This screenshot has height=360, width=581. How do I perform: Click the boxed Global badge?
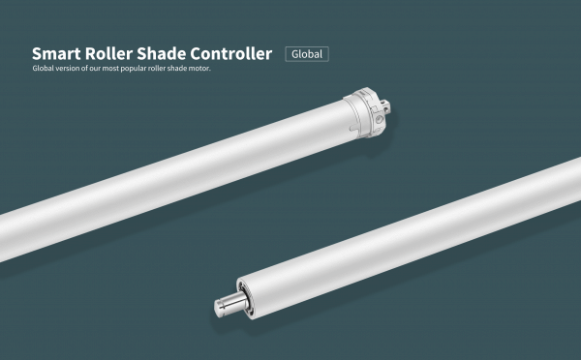(x=307, y=54)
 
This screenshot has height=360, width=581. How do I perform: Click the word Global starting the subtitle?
(x=44, y=70)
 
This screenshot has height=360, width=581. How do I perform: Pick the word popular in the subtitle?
(x=136, y=70)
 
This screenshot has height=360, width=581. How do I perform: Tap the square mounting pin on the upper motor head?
(x=389, y=104)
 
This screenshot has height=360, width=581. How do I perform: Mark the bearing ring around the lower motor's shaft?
(x=243, y=295)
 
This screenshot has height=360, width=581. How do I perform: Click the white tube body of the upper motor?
(x=174, y=174)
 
